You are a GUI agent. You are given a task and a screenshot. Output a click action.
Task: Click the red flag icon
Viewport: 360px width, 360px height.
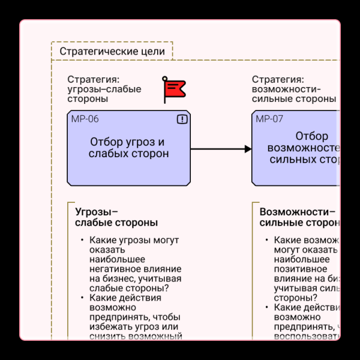pos(175,89)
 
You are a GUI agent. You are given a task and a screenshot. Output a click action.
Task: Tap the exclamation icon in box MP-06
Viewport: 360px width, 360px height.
pos(182,119)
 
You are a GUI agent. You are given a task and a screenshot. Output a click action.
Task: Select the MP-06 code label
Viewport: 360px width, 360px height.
pos(85,119)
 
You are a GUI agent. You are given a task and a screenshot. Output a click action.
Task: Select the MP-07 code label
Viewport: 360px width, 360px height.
pos(269,119)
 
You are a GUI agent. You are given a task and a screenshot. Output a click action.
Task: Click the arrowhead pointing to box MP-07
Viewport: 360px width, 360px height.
pos(248,149)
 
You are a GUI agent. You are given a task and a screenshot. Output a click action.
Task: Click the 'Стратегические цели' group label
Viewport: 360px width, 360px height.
pos(112,51)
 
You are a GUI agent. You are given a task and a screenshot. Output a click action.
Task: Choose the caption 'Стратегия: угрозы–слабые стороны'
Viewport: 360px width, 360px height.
pos(104,89)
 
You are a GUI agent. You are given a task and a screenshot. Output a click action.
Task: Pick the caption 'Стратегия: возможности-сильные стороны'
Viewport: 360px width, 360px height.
pos(293,89)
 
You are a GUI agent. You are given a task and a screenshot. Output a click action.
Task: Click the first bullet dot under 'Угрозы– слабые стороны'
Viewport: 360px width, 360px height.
pos(82,241)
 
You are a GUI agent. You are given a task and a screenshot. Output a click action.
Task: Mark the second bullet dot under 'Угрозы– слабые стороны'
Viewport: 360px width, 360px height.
pos(82,298)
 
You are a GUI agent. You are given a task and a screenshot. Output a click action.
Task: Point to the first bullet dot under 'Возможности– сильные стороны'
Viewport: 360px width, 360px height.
pos(266,241)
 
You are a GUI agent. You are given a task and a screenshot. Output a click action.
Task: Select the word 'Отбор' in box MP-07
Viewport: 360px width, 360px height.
pos(311,136)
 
